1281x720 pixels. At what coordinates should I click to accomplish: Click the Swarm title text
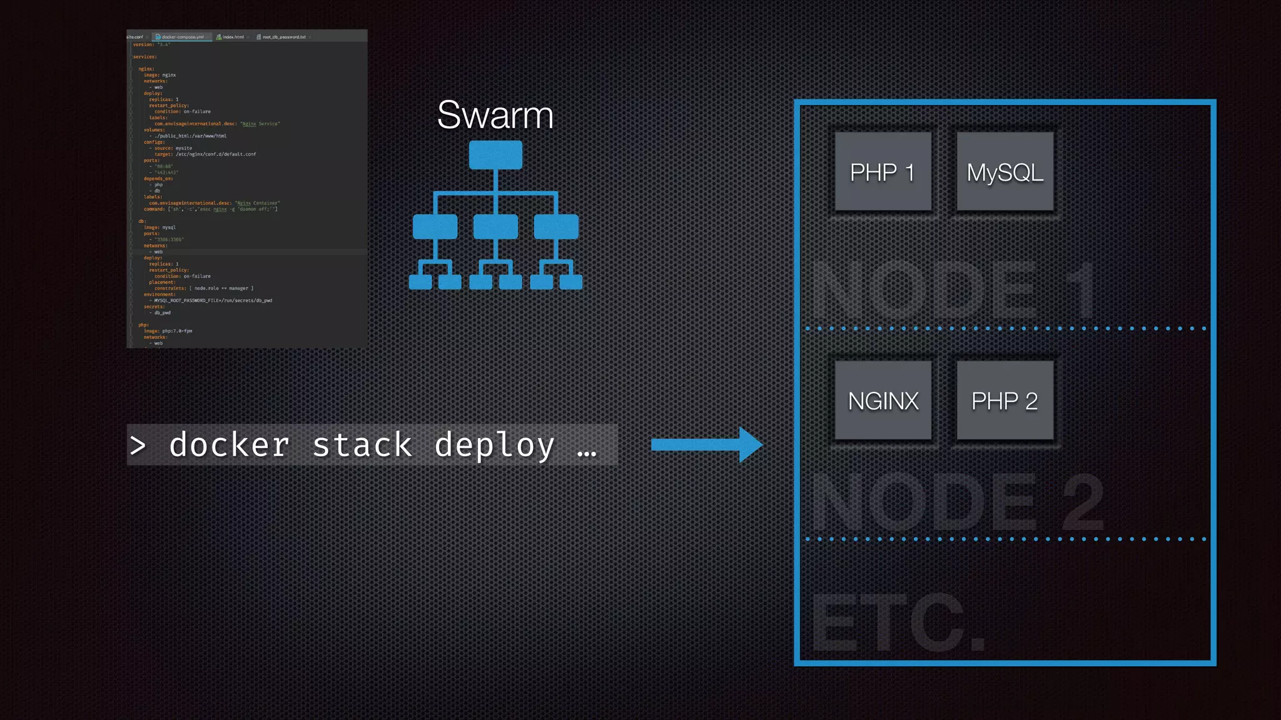[495, 115]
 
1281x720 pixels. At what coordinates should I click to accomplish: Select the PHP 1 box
[883, 172]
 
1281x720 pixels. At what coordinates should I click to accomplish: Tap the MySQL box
[1005, 172]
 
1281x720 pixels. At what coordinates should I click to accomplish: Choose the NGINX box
[883, 401]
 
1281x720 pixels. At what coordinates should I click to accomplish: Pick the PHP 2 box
[1005, 401]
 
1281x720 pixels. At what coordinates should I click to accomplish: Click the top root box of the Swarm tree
[495, 154]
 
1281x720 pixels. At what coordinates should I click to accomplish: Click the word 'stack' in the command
[362, 445]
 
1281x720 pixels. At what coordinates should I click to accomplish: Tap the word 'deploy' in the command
[495, 445]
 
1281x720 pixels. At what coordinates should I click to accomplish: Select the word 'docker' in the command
[229, 445]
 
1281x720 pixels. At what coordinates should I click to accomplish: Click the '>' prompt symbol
[138, 446]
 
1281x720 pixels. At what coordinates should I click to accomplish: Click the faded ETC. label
[898, 622]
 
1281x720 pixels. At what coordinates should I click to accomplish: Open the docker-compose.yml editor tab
[182, 37]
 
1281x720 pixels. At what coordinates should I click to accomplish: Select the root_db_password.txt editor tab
[283, 37]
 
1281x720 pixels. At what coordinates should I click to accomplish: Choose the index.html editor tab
[233, 37]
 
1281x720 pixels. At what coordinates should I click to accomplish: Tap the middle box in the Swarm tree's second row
[495, 226]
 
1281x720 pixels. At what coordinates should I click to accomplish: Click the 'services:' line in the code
[144, 57]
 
